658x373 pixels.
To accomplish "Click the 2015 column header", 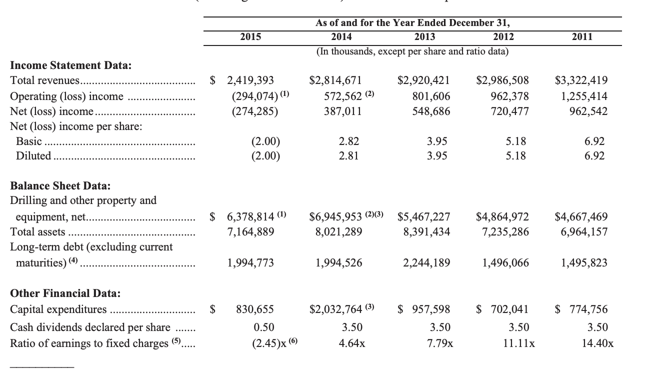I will pos(250,36).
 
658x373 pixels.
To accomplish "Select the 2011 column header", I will pos(582,36).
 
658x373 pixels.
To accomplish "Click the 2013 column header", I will pos(424,36).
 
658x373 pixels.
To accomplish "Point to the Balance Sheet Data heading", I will pos(60,186).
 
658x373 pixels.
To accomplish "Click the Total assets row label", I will pos(38,232).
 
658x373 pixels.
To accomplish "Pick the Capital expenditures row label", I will pos(58,309).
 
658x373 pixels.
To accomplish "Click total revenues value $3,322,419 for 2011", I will pos(581,80).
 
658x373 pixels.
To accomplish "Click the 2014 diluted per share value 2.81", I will pos(348,156).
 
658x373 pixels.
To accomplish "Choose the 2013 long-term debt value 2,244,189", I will pos(426,263).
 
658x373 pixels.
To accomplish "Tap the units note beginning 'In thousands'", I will pos(412,51).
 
